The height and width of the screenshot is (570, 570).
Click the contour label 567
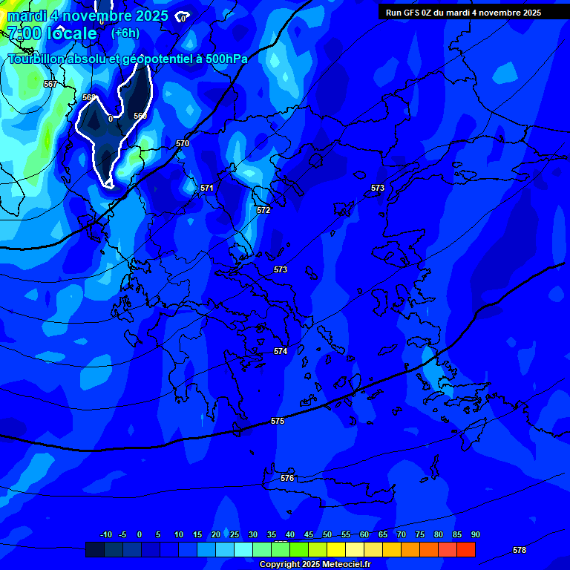point(50,84)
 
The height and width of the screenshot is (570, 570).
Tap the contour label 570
point(183,143)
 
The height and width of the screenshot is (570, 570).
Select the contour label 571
point(207,188)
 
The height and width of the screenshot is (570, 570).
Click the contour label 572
point(263,210)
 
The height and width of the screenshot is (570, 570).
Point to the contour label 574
point(280,351)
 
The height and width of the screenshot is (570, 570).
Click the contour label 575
point(278,421)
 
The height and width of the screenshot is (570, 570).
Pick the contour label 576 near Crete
point(287,478)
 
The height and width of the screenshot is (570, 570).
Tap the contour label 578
point(520,550)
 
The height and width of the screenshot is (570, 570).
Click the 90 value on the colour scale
point(475,534)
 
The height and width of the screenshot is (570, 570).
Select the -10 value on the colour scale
point(105,534)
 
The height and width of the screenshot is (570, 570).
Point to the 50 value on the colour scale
point(327,534)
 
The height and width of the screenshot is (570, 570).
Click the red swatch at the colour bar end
point(465,549)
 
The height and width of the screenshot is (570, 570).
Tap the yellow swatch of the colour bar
point(335,549)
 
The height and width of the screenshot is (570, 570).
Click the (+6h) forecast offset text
point(125,33)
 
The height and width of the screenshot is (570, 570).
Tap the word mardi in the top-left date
point(26,15)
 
